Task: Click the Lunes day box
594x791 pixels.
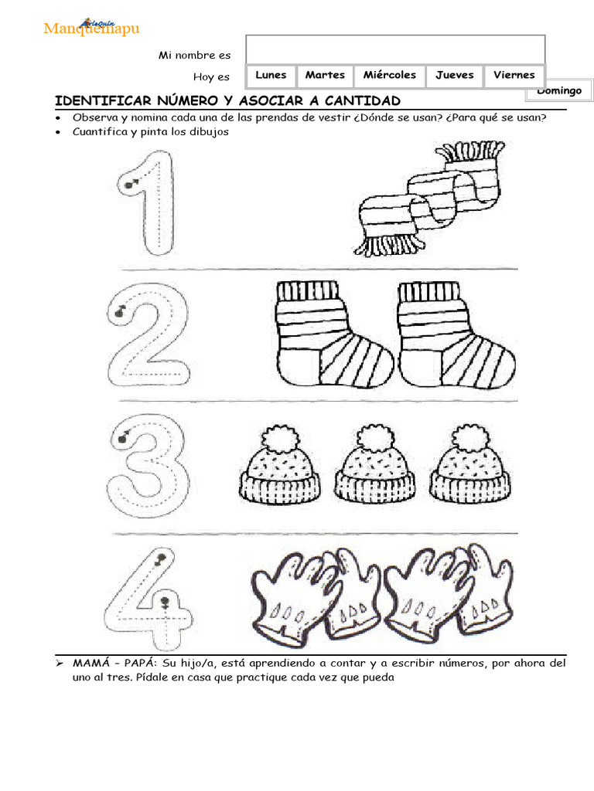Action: pos(271,76)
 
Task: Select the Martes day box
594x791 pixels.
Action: pos(325,76)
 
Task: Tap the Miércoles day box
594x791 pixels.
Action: pos(390,76)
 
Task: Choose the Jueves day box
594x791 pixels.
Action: pos(455,76)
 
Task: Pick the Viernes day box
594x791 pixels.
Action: pos(514,76)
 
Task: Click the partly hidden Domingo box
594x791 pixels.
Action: pos(559,91)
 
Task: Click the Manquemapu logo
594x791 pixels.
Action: pos(91,27)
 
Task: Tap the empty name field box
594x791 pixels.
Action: pos(395,49)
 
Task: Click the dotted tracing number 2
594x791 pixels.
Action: pos(148,335)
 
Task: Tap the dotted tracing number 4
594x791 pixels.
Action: pos(148,599)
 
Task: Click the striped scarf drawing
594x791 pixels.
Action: pos(429,199)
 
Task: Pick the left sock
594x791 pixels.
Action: pos(333,334)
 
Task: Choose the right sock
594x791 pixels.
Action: pos(456,334)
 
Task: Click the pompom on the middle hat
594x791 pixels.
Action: pos(375,437)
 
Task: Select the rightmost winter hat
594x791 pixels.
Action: pos(470,464)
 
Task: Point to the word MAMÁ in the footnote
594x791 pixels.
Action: pos(91,663)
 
